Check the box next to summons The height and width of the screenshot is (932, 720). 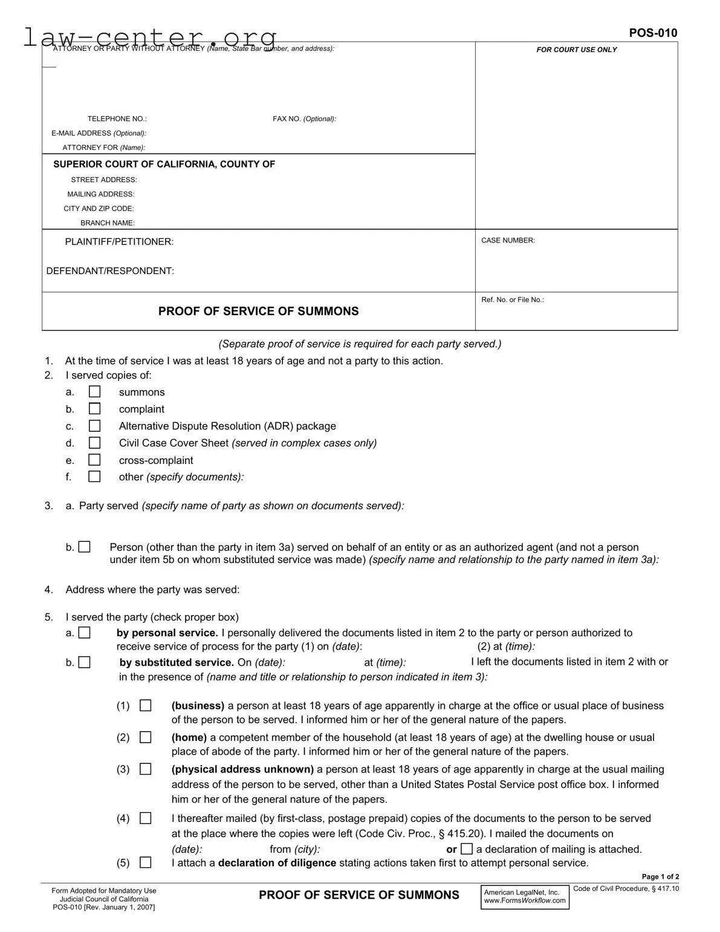pyautogui.click(x=94, y=392)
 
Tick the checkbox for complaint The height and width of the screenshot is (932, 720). pyautogui.click(x=94, y=409)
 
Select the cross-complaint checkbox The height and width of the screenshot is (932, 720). pyautogui.click(x=94, y=460)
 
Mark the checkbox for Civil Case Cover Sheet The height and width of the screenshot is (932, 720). pyautogui.click(x=94, y=443)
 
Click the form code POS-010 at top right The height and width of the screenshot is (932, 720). pyautogui.click(x=653, y=33)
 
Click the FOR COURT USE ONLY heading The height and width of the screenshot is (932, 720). pyautogui.click(x=576, y=50)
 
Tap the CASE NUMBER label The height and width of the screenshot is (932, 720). pyautogui.click(x=508, y=241)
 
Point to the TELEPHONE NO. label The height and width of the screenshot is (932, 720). pyautogui.click(x=117, y=119)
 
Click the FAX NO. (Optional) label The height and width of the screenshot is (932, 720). pyautogui.click(x=304, y=119)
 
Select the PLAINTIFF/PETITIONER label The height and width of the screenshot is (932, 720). pyautogui.click(x=119, y=242)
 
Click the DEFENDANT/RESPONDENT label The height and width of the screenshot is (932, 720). pyautogui.click(x=110, y=271)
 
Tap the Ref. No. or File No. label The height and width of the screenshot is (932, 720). pyautogui.click(x=512, y=300)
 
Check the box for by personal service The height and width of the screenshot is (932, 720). pyautogui.click(x=85, y=633)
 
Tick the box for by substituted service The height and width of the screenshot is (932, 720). pyautogui.click(x=85, y=662)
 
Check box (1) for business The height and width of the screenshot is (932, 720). pyautogui.click(x=146, y=705)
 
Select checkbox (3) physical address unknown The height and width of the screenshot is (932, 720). pyautogui.click(x=146, y=769)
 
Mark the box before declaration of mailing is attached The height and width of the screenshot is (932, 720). pyautogui.click(x=466, y=849)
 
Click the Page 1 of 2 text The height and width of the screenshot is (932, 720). pyautogui.click(x=660, y=877)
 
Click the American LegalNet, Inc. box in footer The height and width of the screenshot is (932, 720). pyautogui.click(x=525, y=896)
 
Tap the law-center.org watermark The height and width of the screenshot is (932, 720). pyautogui.click(x=150, y=37)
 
